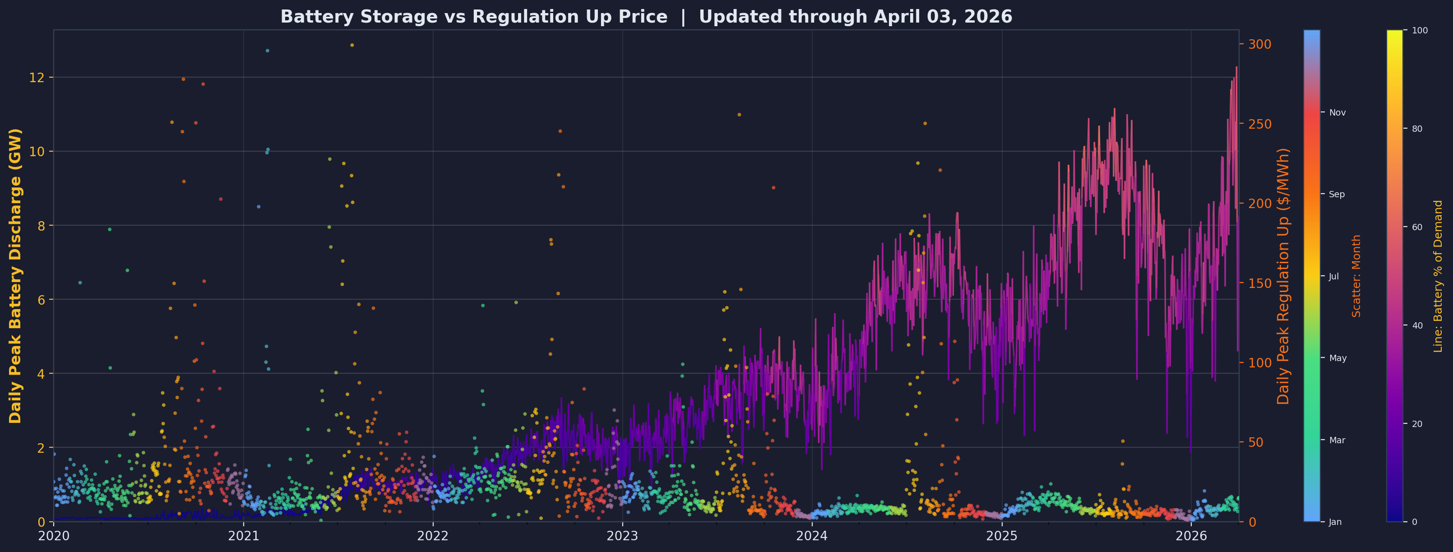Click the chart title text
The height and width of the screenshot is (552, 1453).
tap(646, 17)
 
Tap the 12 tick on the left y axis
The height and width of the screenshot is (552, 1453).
tap(41, 77)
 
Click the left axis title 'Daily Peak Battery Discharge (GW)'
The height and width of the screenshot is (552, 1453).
tap(15, 275)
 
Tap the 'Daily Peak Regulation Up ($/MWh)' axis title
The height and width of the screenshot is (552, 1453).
tap(1283, 275)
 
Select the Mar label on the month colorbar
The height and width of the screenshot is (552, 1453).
tap(1337, 440)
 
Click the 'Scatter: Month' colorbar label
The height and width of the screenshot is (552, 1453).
tap(1356, 275)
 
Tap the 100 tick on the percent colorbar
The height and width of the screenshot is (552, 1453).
tap(1420, 31)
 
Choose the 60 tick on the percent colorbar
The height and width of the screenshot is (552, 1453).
tap(1417, 227)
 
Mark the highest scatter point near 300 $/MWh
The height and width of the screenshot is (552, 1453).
tap(352, 45)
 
